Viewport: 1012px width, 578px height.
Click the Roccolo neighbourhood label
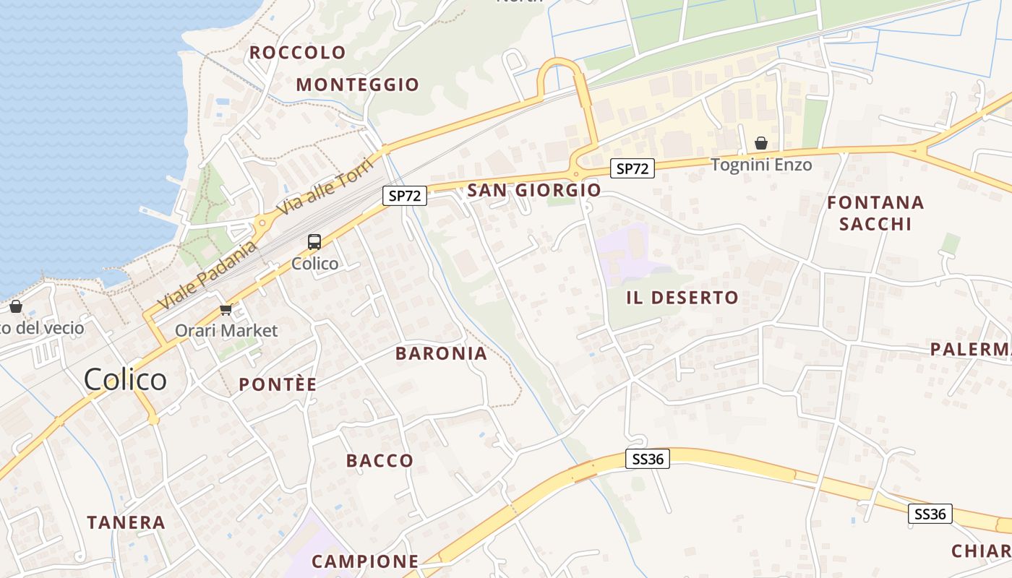click(x=298, y=53)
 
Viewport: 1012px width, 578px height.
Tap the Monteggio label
click(x=357, y=85)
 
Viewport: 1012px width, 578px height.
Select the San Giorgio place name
click(x=533, y=190)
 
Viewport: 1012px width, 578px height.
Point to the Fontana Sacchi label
click(x=875, y=213)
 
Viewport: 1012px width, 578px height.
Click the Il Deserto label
click(x=682, y=298)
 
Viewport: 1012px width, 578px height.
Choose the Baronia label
click(x=441, y=354)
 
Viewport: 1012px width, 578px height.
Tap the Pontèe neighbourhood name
click(x=278, y=384)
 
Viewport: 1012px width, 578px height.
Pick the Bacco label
click(x=379, y=461)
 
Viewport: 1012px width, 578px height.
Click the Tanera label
click(x=126, y=522)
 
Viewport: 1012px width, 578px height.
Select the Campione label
click(x=365, y=561)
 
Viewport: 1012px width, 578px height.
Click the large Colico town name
click(x=125, y=379)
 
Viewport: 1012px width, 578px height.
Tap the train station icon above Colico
click(x=314, y=242)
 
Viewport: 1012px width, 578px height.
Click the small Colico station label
click(x=314, y=264)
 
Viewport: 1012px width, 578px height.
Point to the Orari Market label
click(x=226, y=331)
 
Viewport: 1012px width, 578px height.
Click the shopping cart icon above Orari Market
click(x=226, y=310)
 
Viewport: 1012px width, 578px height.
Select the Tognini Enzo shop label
click(x=761, y=165)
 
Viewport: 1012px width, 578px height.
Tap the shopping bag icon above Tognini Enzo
click(x=760, y=143)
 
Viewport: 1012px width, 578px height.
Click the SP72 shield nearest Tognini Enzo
click(x=632, y=169)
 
